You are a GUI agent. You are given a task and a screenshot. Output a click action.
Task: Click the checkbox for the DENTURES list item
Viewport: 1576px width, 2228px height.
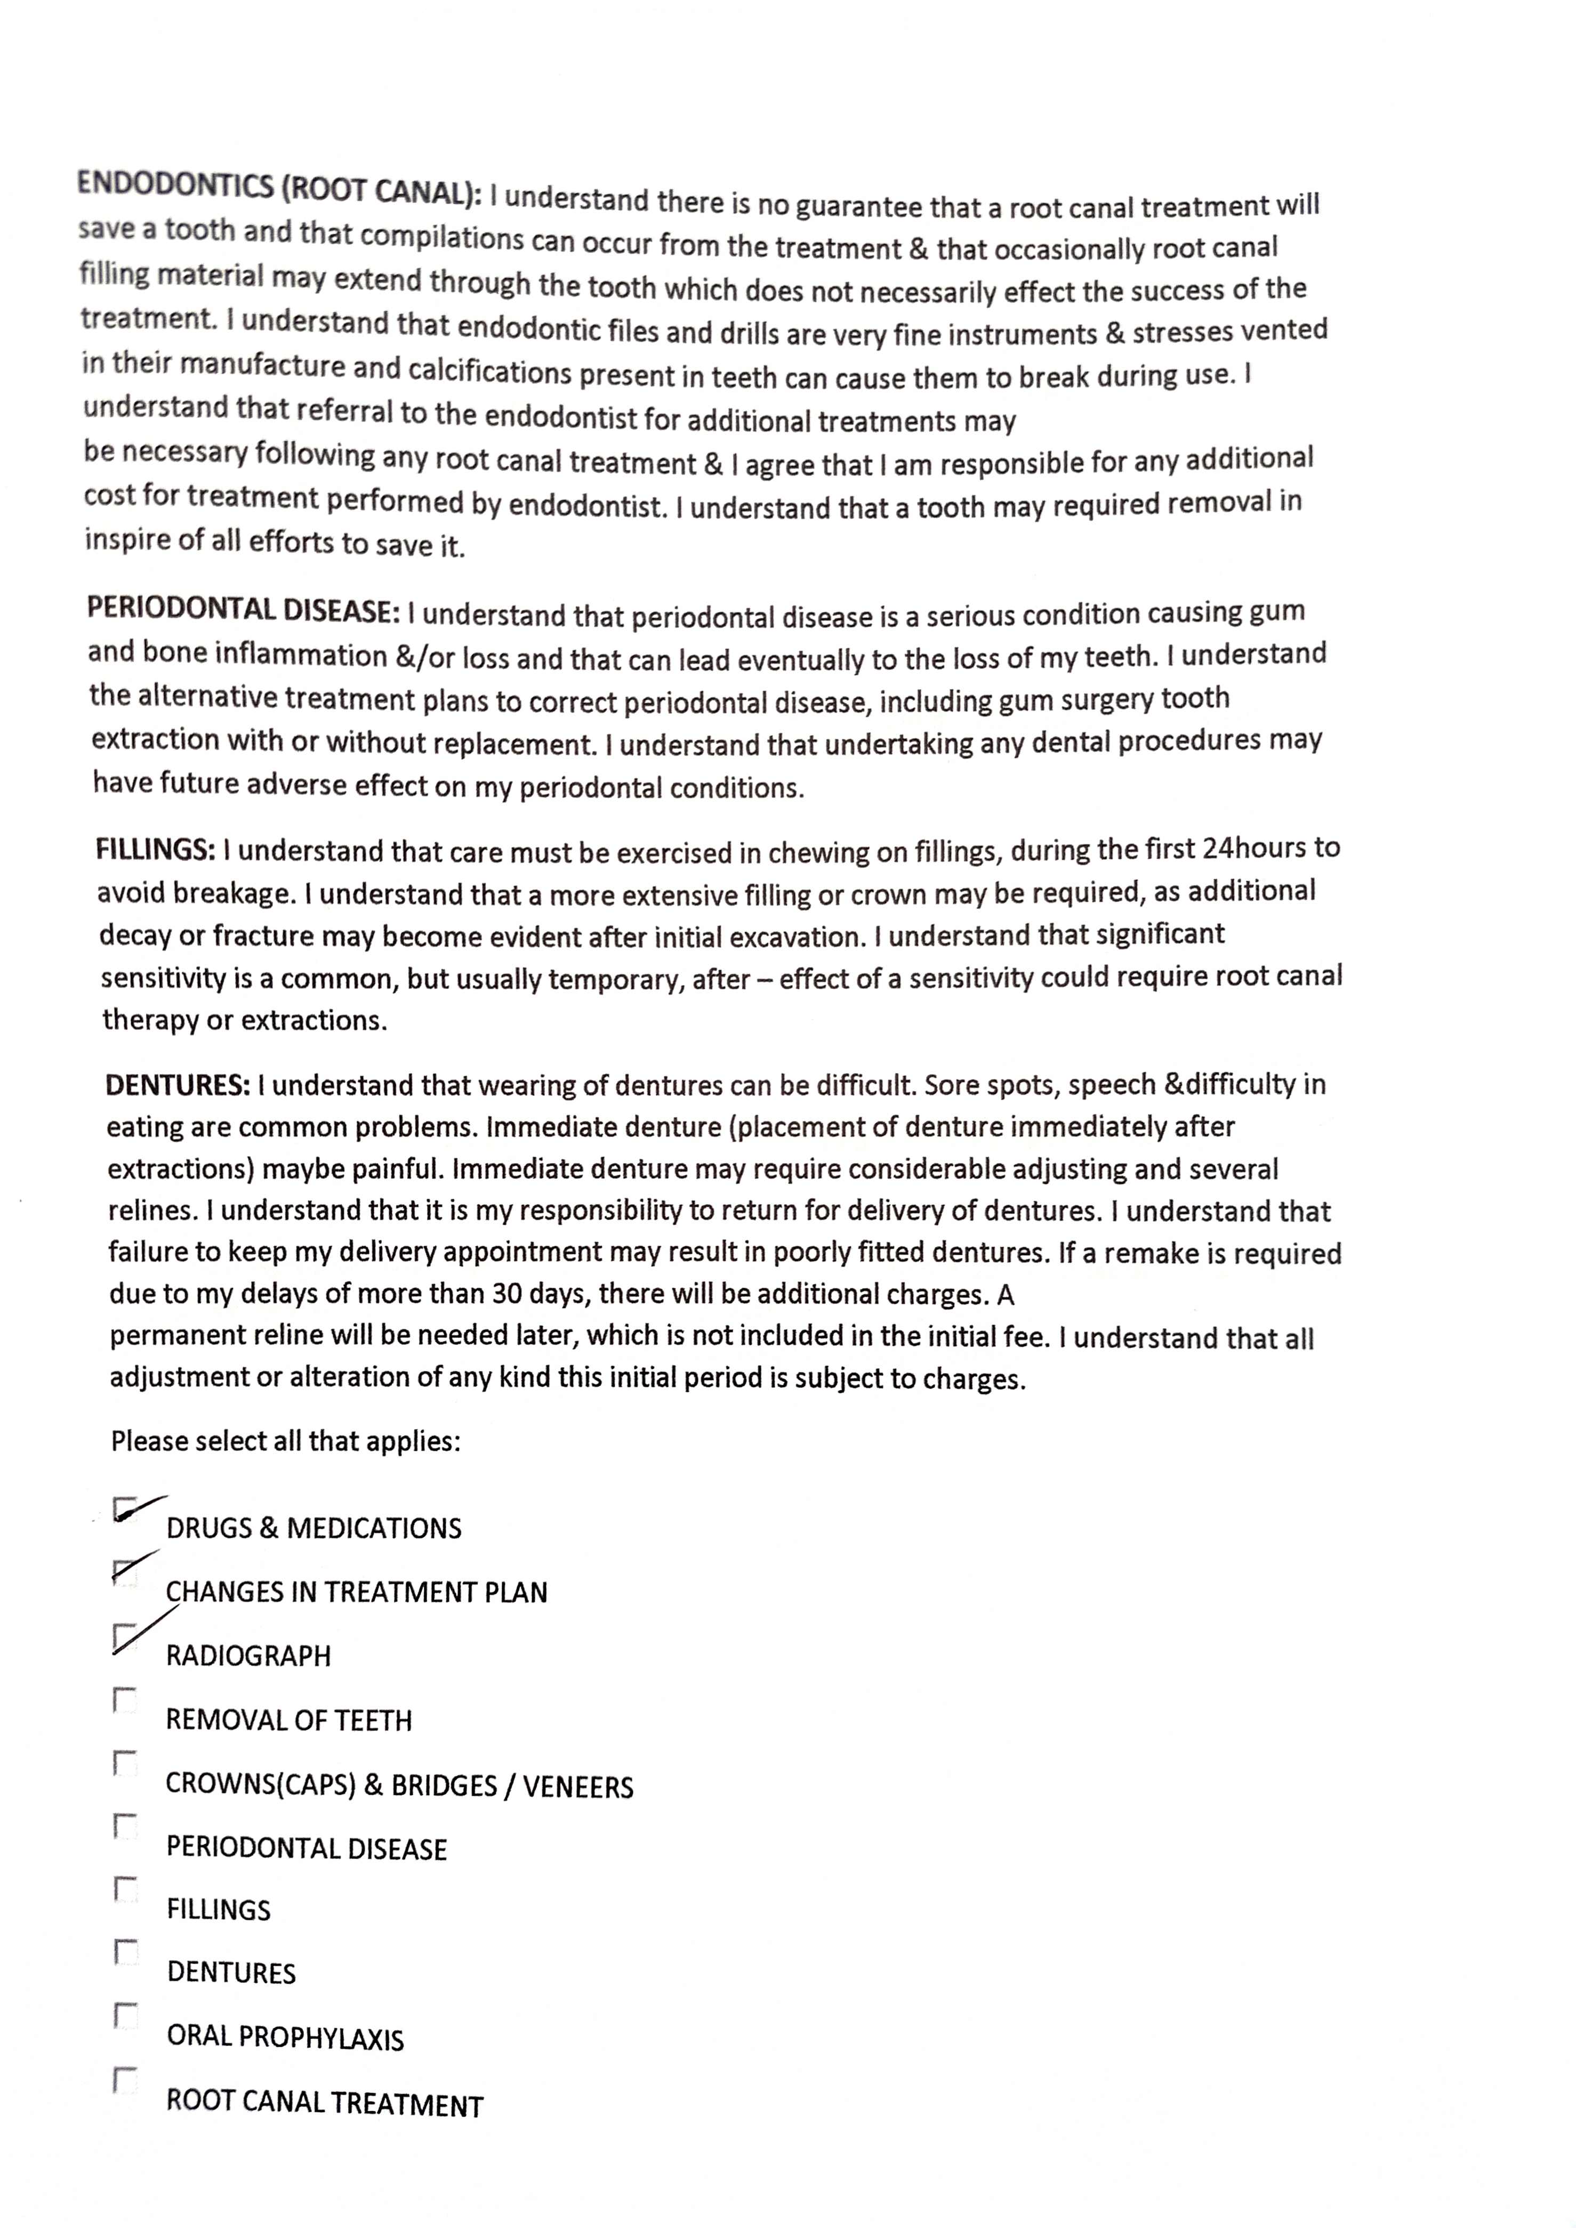coord(125,1952)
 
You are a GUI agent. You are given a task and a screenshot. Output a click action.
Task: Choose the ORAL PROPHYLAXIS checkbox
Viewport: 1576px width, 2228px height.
coord(125,2016)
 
